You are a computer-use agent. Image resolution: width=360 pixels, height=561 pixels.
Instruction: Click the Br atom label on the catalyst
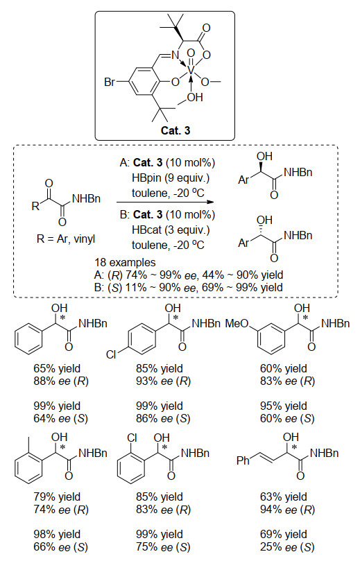coord(110,83)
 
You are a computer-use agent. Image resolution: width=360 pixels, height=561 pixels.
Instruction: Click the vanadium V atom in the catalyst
coord(191,70)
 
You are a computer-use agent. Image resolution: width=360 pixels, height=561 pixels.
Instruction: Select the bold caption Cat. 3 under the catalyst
coord(175,130)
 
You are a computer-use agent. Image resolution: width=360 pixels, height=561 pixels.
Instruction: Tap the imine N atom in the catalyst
coord(175,55)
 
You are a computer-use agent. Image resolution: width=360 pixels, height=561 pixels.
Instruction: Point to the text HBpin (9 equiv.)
coord(171,178)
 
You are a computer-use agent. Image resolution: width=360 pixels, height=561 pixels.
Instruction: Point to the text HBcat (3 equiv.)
coord(171,230)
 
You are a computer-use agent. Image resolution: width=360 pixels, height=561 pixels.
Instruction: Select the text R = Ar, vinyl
coord(66,239)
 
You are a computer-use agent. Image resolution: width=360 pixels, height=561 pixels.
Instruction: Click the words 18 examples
coord(125,263)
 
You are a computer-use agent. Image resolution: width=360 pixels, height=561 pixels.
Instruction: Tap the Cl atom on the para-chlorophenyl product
coord(111,354)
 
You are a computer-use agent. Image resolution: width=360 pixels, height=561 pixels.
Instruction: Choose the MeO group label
coord(237,324)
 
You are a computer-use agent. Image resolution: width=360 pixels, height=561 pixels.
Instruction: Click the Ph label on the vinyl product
coord(243,460)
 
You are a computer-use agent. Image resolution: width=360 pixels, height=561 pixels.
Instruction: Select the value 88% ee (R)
coord(61,381)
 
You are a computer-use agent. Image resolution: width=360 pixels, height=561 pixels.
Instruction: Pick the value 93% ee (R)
coord(163,381)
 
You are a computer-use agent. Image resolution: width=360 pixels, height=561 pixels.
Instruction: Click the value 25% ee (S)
coord(287,547)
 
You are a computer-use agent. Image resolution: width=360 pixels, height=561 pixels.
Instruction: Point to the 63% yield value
coord(284,497)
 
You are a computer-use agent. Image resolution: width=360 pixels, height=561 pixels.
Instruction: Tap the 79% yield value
coord(57,497)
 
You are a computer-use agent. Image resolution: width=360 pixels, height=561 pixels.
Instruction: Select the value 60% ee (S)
coord(287,419)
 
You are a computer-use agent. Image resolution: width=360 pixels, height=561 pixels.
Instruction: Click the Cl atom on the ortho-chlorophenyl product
coord(132,438)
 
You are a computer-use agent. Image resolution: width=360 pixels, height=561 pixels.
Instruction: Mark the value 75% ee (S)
coord(163,547)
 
